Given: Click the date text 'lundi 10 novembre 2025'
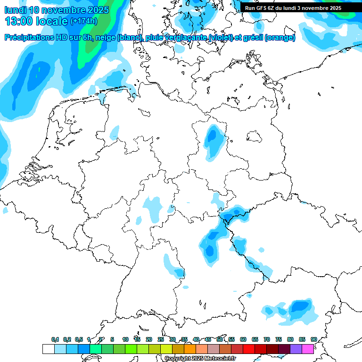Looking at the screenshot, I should tap(57, 10).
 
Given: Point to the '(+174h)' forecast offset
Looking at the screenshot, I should tap(83, 21).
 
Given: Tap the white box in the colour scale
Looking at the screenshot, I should tap(48, 349).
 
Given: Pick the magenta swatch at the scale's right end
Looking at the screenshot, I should tap(308, 349).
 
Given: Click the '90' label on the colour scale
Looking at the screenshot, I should tap(313, 339).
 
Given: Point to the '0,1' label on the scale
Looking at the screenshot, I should tap(55, 339).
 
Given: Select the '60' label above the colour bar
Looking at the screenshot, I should tap(243, 339).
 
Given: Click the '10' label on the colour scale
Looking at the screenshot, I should tap(125, 339).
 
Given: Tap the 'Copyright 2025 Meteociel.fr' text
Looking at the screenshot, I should tap(200, 359).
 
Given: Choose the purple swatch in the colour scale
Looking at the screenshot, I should tap(296, 349).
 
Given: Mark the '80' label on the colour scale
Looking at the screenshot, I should tap(290, 339).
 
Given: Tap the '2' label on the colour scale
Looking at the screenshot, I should tap(101, 339).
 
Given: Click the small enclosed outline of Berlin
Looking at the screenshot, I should tap(255, 137).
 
